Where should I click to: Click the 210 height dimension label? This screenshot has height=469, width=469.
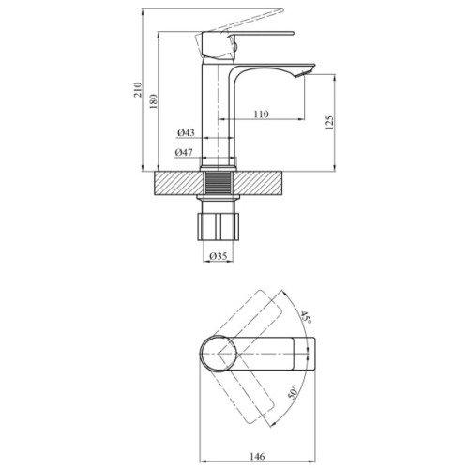click(x=139, y=91)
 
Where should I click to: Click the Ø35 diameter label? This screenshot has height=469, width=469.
click(x=218, y=256)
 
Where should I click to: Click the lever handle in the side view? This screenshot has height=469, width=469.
click(x=253, y=38)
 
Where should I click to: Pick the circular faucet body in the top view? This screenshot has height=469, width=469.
click(x=221, y=356)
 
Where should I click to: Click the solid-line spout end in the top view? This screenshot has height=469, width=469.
click(x=305, y=356)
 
